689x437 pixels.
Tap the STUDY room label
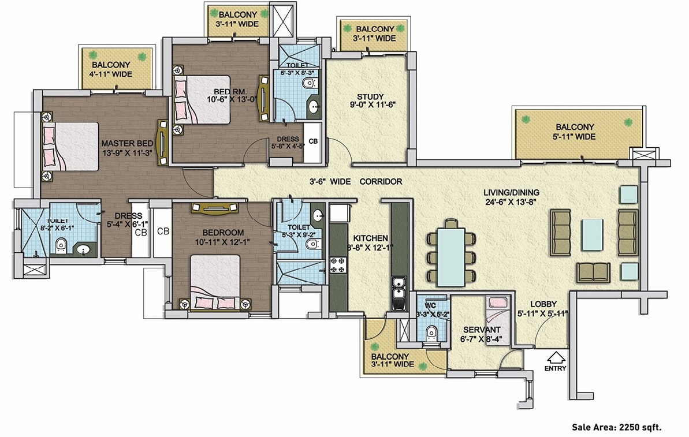click(370, 96)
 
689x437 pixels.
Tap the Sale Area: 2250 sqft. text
click(616, 427)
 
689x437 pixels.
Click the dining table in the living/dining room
click(451, 256)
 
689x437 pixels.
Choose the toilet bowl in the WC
click(430, 334)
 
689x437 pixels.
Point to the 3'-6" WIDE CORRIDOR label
click(356, 181)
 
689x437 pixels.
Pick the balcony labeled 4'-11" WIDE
click(118, 69)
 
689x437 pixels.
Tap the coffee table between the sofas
click(593, 235)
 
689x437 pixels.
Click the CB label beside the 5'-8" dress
click(312, 141)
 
